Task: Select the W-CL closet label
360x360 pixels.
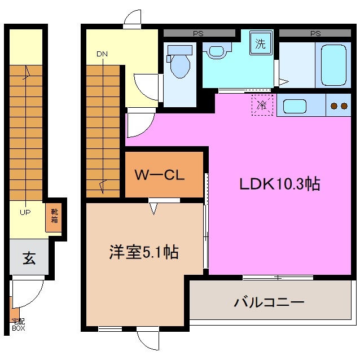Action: [160, 175]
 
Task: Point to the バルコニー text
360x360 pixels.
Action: [270, 302]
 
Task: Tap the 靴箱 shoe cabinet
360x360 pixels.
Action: [54, 217]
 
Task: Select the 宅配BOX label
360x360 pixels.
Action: [17, 324]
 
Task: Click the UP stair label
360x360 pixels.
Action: [25, 213]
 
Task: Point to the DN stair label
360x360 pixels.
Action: [102, 54]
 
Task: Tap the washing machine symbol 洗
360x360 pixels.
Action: [260, 44]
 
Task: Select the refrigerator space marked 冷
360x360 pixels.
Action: [261, 105]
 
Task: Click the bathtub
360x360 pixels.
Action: [328, 64]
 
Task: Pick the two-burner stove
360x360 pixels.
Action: [339, 106]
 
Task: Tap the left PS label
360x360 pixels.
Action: [199, 33]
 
